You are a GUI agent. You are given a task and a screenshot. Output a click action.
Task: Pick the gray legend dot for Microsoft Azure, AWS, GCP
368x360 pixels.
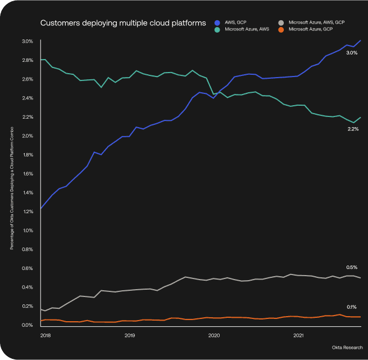pos(281,21)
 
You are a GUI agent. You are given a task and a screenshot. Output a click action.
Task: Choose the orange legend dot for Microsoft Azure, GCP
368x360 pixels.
pos(281,28)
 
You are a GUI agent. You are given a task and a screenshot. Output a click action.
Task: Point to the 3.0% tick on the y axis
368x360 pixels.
pos(28,41)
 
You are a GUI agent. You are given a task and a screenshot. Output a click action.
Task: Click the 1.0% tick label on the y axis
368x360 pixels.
pos(28,231)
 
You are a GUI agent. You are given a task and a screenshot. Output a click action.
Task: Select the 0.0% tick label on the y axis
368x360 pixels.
pos(28,325)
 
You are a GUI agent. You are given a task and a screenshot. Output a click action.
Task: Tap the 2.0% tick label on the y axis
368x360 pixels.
pos(28,136)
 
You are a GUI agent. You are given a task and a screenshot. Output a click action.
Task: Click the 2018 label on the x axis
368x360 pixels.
pos(46,336)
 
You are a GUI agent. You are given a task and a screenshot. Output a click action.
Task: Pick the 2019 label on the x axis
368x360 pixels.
pos(130,336)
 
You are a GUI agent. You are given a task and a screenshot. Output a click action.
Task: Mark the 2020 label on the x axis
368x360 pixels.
pos(214,336)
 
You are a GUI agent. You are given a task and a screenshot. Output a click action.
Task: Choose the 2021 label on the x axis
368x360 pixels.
pos(299,336)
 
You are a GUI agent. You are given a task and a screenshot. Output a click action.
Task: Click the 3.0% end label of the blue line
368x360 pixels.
pos(352,53)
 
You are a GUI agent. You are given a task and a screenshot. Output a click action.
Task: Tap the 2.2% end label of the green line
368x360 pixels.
pos(352,129)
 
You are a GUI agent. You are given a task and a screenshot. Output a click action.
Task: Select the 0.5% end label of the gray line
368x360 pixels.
pos(352,267)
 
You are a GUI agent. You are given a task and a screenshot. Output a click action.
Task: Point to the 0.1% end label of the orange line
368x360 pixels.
pos(352,307)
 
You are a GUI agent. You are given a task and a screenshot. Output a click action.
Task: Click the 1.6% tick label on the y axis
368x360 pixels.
pos(28,174)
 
